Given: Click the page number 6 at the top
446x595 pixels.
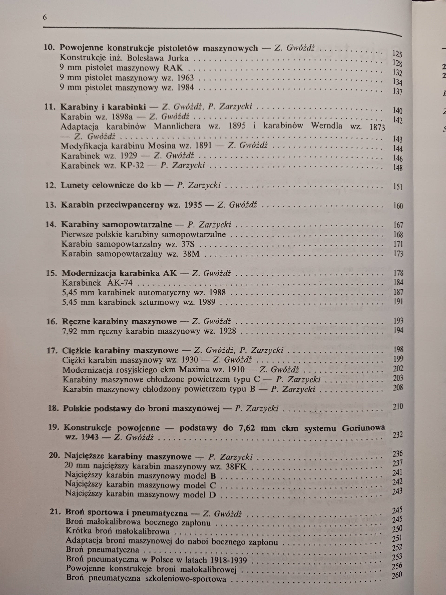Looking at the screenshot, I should pyautogui.click(x=45, y=18).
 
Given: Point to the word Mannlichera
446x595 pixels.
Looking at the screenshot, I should pyautogui.click(x=177, y=126).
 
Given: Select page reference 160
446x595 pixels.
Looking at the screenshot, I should pyautogui.click(x=398, y=206).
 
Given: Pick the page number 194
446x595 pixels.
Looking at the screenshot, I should pyautogui.click(x=398, y=330).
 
